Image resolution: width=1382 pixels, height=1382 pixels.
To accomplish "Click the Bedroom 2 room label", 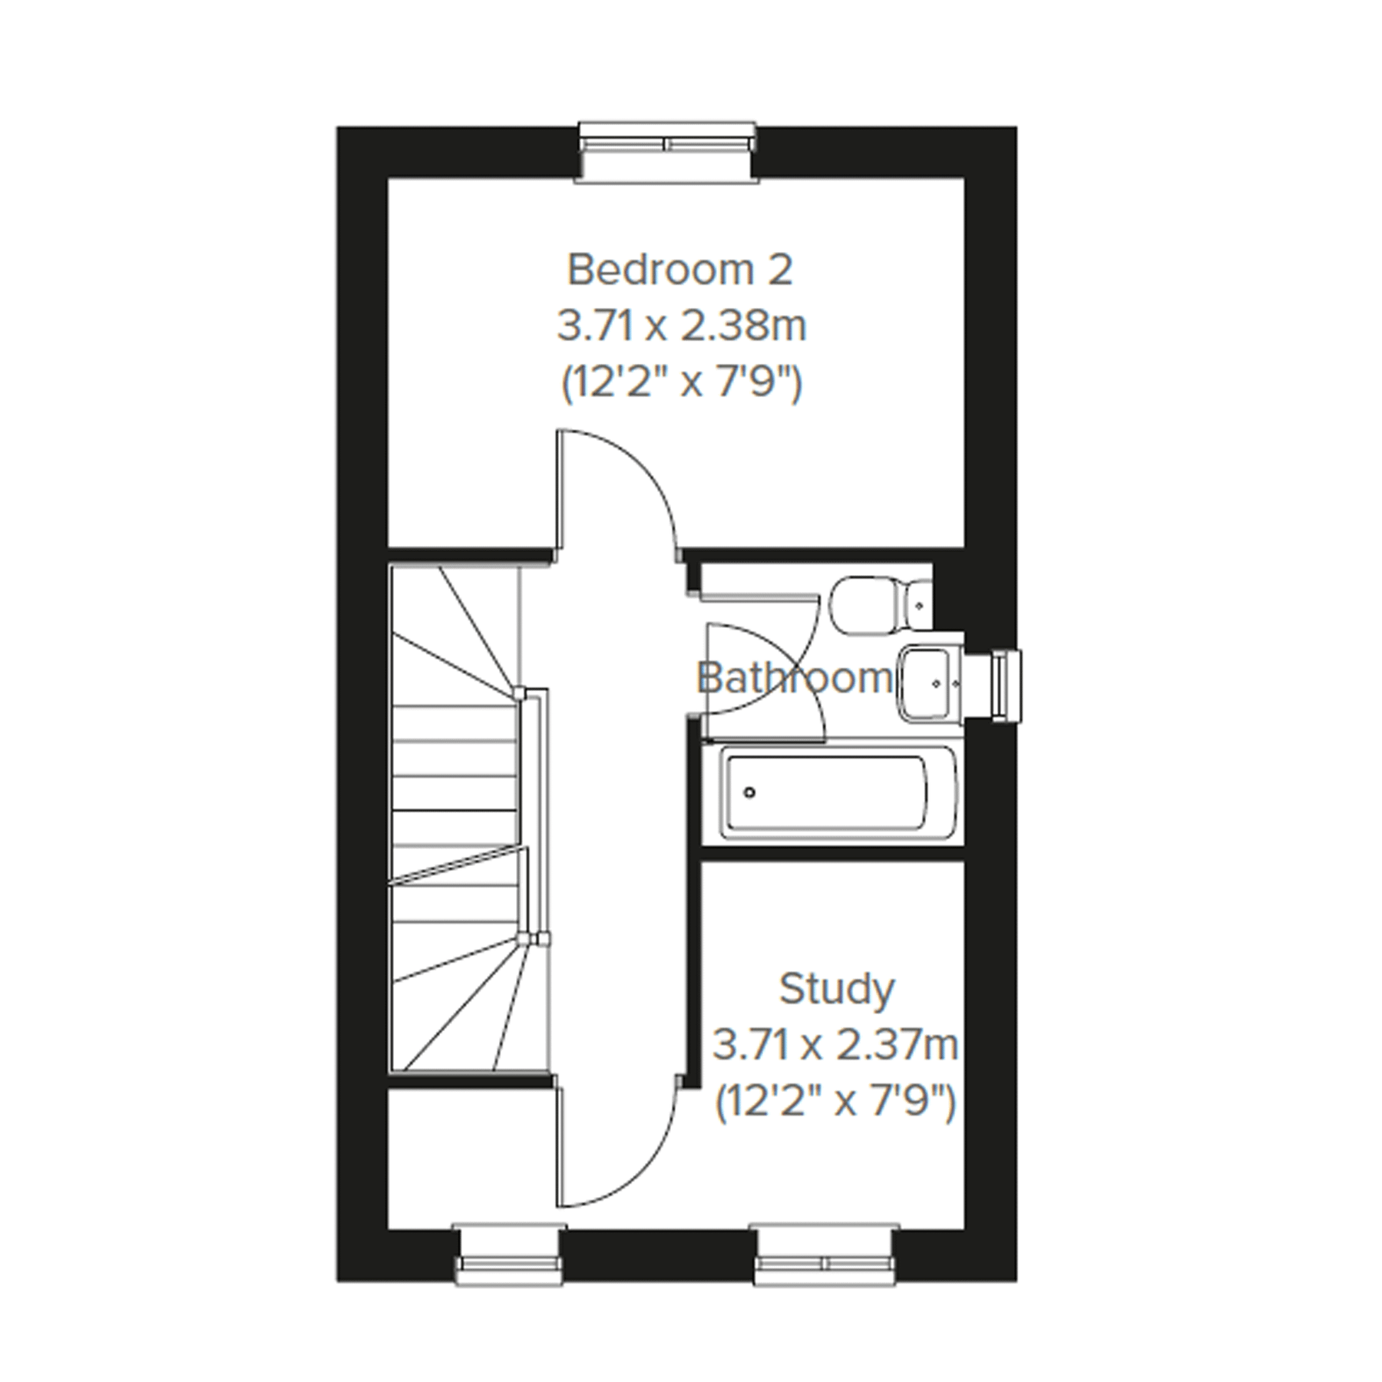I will pos(679,270).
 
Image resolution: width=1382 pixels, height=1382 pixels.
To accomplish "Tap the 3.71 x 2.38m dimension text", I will pos(681,326).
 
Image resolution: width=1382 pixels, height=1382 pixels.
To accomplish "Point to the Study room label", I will pos(836,989).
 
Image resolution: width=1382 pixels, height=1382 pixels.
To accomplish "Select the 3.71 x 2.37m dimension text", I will pos(835,1045).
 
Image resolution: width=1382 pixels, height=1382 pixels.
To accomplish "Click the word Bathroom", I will pos(793,679).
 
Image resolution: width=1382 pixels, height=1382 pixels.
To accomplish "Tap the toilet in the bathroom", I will pos(879,606).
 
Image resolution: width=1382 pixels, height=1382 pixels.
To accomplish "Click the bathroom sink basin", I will pos(928,683).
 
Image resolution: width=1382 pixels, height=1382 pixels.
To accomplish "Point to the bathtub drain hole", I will pos(749,792).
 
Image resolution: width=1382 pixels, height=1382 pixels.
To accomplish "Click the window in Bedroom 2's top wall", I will pos(666,152).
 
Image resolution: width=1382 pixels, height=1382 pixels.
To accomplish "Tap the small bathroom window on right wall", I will pos(1006,686).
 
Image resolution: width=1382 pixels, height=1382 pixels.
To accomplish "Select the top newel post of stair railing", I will pos(520,693).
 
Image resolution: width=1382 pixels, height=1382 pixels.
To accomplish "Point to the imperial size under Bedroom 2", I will pos(681,382).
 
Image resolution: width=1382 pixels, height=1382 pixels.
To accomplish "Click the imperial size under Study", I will pos(835,1102).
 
